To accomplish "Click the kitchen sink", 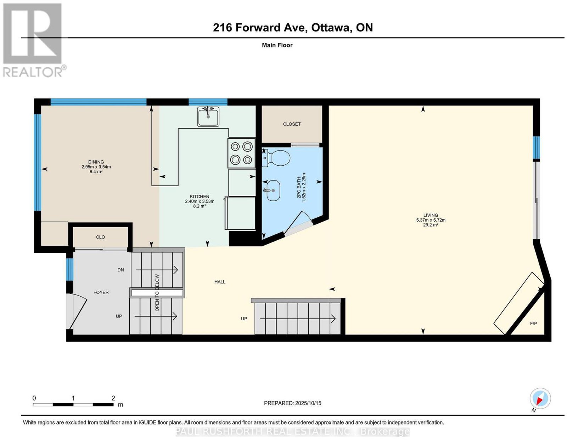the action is [208, 116].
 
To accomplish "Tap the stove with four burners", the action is [241, 153].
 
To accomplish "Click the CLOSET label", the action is [292, 124].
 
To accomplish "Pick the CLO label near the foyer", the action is [100, 237].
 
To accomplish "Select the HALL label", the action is [220, 282].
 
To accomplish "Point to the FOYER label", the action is [101, 292].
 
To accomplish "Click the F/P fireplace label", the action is [534, 324].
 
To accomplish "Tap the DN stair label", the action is [120, 270].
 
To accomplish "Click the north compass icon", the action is [540, 399].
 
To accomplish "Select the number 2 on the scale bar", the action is [113, 398].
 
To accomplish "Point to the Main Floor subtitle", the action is [277, 45].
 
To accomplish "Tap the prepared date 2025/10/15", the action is [308, 403].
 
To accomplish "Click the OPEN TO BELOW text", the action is [157, 292].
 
